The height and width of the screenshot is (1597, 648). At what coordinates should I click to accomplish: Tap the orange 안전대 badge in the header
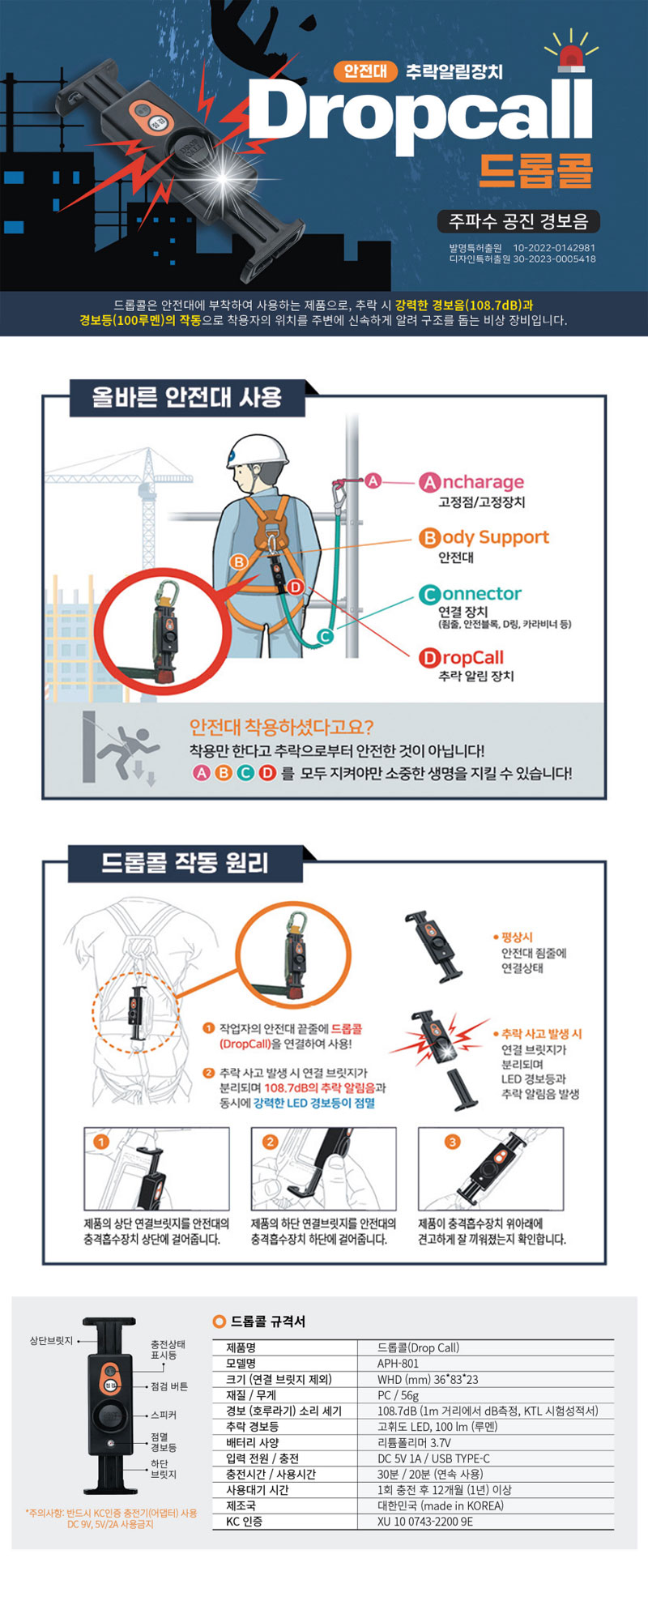click(365, 70)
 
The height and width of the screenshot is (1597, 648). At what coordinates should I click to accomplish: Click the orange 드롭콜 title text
click(535, 169)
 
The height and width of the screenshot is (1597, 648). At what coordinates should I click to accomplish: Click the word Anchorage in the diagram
click(471, 483)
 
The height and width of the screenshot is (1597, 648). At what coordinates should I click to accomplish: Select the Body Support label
click(484, 538)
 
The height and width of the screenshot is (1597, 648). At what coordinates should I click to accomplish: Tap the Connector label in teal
click(470, 594)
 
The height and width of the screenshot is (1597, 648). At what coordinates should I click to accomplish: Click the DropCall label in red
click(461, 658)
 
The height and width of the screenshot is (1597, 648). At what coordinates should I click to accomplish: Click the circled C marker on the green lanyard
click(325, 637)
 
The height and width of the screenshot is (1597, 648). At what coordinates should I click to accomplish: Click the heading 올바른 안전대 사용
click(187, 397)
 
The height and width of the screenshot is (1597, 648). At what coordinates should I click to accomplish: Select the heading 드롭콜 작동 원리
click(185, 862)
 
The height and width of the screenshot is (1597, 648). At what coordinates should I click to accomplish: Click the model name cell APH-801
click(399, 1364)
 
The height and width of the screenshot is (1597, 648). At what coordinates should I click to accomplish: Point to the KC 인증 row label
click(244, 1522)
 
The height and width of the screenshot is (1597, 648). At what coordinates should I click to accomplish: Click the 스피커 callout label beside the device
click(164, 1415)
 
